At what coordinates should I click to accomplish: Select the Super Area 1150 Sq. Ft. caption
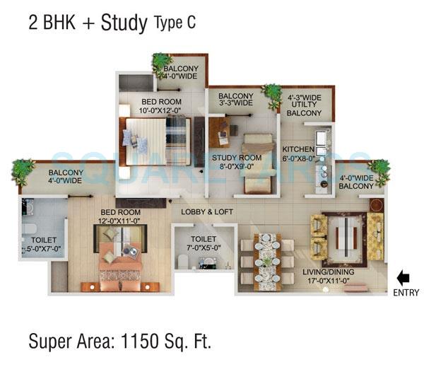[x=120, y=341]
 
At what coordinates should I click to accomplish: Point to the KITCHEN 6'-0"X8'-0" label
[x=298, y=155]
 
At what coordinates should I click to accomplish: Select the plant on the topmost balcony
[x=163, y=64]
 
